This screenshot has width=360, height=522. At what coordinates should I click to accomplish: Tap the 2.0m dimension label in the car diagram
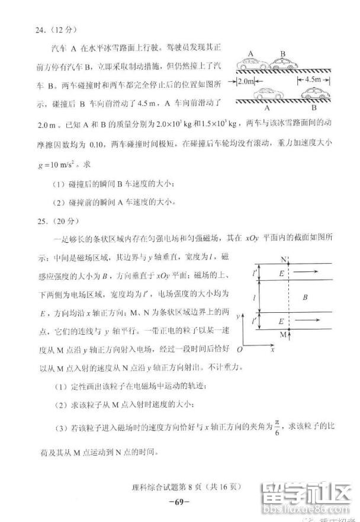pyautogui.click(x=247, y=81)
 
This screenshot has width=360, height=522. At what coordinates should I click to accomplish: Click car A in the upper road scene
pyautogui.click(x=252, y=63)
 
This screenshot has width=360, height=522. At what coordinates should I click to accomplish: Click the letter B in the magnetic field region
pyautogui.click(x=304, y=296)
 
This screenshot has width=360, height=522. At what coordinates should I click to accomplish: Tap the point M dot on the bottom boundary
pyautogui.click(x=288, y=329)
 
